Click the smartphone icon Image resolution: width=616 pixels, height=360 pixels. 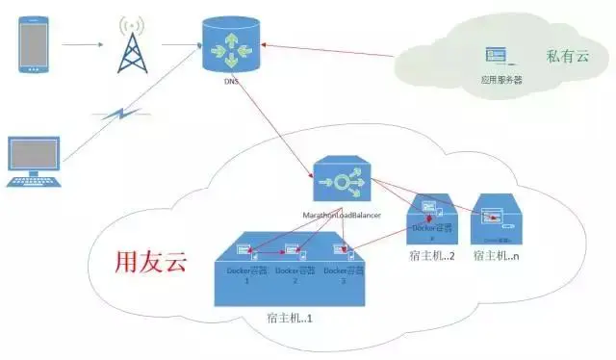point(36,42)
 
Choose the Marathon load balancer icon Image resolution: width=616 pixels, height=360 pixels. point(343,180)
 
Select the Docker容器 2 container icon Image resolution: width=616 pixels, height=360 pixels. point(294,252)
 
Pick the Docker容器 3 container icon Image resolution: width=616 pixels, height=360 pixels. point(339,252)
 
